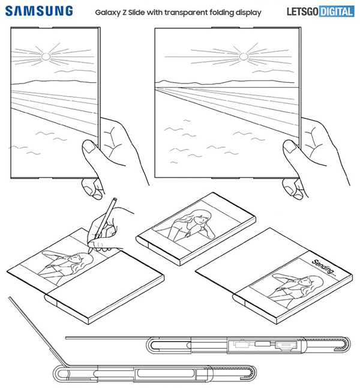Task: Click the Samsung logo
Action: [x=39, y=11]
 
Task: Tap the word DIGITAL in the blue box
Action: [x=337, y=11]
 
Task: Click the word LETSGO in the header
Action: [x=302, y=11]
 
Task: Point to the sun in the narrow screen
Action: [x=46, y=56]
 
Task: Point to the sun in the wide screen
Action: [x=244, y=56]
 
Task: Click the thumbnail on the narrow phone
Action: [x=88, y=146]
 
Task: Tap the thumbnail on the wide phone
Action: [x=289, y=146]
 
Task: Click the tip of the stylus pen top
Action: [x=115, y=198]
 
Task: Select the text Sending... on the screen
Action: [x=324, y=268]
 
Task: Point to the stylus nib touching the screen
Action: [x=89, y=252]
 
